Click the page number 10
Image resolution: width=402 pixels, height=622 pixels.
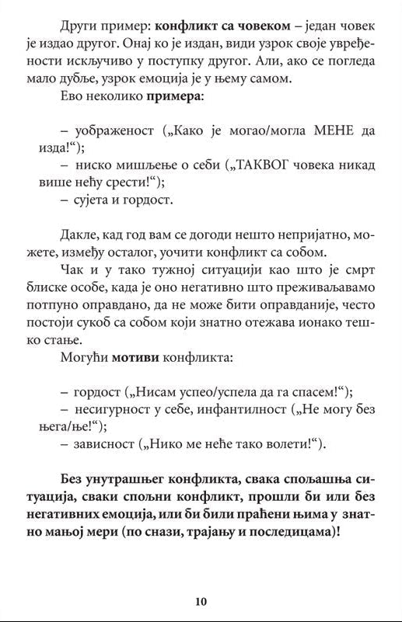pos(201,600)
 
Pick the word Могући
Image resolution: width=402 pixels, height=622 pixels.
pos(83,358)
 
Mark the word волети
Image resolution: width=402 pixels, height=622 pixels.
pos(292,444)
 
